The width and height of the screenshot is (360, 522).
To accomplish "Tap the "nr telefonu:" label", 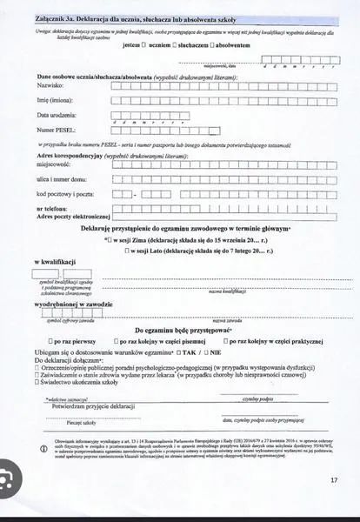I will point(53,209).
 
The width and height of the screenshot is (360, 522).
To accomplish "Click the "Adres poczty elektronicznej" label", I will point(73,217).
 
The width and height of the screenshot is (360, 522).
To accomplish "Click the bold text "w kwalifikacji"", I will point(56,263).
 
